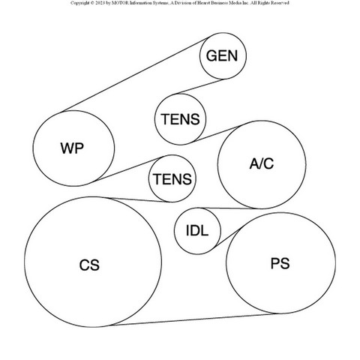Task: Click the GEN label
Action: (x=222, y=55)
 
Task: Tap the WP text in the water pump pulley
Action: (x=72, y=148)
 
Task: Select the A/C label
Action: (x=262, y=163)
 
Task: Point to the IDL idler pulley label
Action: (x=197, y=230)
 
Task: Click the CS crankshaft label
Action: (x=89, y=265)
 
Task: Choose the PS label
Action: (x=280, y=263)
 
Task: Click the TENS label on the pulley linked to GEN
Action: (x=180, y=119)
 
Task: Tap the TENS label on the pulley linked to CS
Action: (x=172, y=179)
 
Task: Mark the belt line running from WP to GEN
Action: (x=136, y=74)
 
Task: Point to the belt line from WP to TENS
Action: (x=128, y=169)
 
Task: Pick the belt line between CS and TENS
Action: (x=136, y=199)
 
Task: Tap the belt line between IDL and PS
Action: (x=228, y=237)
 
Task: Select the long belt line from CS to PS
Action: (x=193, y=319)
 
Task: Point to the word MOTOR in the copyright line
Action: (x=121, y=3)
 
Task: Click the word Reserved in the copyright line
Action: (x=280, y=3)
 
